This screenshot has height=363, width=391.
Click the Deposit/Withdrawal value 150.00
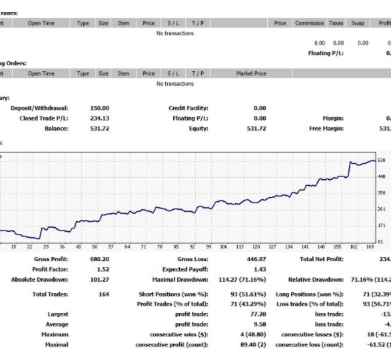pos(100,108)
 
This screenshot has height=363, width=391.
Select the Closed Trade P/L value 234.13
pos(100,118)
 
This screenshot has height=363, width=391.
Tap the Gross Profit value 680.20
pos(100,259)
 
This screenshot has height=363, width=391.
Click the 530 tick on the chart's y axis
pos(381,161)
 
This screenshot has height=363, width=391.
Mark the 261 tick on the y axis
pos(381,209)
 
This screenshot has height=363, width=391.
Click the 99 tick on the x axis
pos(208,246)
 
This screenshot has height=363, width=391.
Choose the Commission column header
pos(309,23)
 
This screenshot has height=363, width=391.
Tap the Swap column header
pos(358,23)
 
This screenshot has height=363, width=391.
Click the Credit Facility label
pos(189,108)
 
